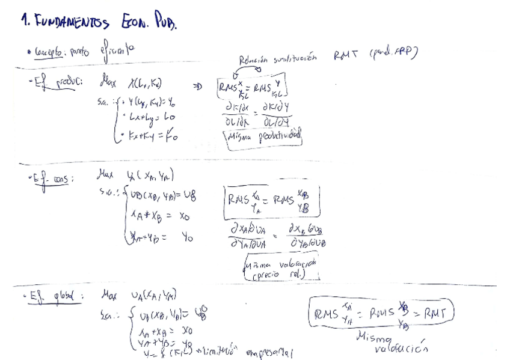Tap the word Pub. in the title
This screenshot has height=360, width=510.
click(x=165, y=22)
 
